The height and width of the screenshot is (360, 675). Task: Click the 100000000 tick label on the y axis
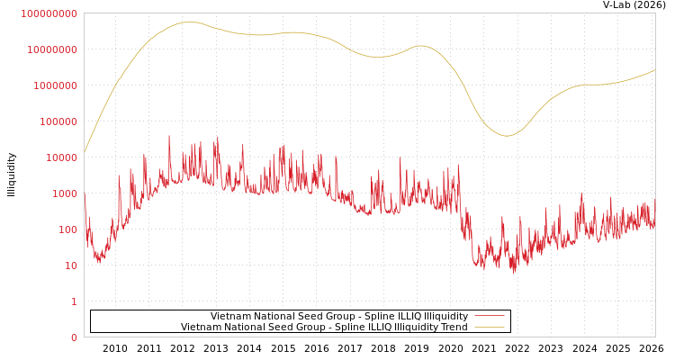pyautogui.click(x=49, y=13)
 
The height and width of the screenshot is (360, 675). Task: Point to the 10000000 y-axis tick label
pyautogui.click(x=52, y=49)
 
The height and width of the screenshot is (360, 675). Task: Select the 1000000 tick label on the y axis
pyautogui.click(x=55, y=85)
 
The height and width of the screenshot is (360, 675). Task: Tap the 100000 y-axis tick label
pyautogui.click(x=58, y=121)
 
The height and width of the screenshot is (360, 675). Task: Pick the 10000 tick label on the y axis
pyautogui.click(x=60, y=157)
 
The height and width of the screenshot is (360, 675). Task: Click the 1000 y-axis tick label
pyautogui.click(x=65, y=193)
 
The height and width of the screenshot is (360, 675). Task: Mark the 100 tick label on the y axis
pyautogui.click(x=67, y=229)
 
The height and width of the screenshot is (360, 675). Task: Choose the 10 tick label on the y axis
pyautogui.click(x=70, y=265)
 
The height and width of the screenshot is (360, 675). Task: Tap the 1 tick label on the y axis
pyautogui.click(x=74, y=301)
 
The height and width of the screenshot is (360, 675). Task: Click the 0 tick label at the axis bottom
pyautogui.click(x=74, y=337)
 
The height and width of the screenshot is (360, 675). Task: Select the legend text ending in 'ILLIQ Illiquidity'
pyautogui.click(x=339, y=316)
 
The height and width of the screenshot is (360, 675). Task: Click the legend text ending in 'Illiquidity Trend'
pyautogui.click(x=324, y=327)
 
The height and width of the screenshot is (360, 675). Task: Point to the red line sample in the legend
pyautogui.click(x=489, y=316)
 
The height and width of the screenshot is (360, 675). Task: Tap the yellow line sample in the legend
pyautogui.click(x=489, y=327)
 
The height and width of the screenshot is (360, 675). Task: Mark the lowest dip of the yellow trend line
pyautogui.click(x=507, y=136)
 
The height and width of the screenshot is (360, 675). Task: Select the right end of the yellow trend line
pyautogui.click(x=654, y=70)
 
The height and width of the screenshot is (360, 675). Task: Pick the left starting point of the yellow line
pyautogui.click(x=85, y=151)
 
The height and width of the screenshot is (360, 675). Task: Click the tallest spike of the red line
pyautogui.click(x=169, y=136)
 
